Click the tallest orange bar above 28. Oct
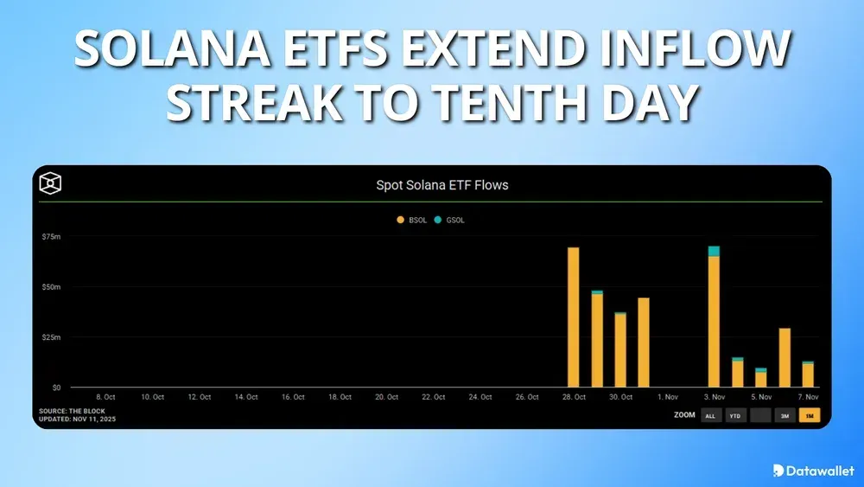pos(573,317)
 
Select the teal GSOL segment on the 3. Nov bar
pos(714,252)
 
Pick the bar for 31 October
pos(644,342)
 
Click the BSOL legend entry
pos(411,221)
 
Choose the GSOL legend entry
pos(448,221)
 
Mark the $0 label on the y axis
pos(55,387)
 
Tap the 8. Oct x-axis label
pos(105,397)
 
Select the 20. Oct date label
pos(386,397)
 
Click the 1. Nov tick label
pos(667,397)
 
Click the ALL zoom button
pos(710,416)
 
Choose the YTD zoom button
pos(735,416)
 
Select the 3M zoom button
pos(785,416)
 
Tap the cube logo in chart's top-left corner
pos(51,183)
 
